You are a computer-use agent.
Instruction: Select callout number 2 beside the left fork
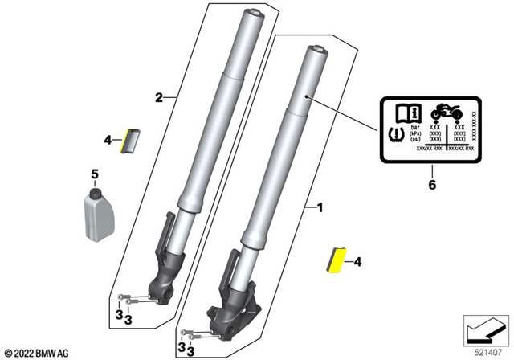(159, 98)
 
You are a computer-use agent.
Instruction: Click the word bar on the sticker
(416, 127)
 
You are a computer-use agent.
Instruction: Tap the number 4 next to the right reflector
(357, 261)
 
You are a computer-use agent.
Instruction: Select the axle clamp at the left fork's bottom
(169, 286)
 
